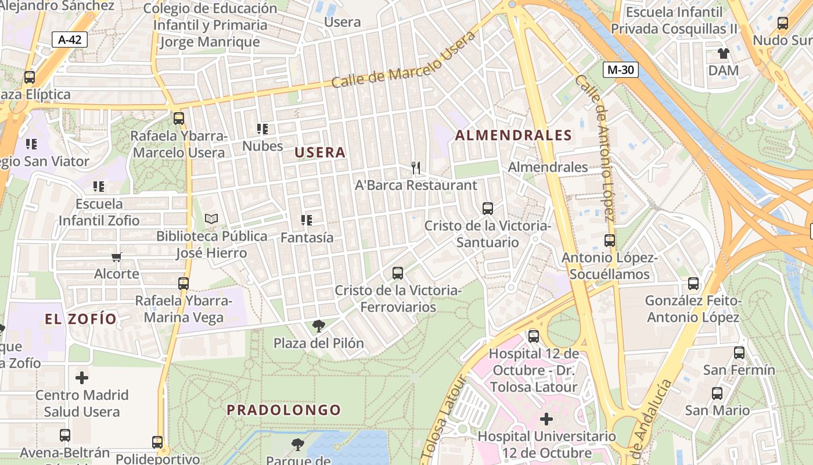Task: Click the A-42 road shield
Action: click(70, 40)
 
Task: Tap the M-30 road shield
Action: click(620, 70)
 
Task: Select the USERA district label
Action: click(320, 153)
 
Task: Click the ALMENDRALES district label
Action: click(513, 135)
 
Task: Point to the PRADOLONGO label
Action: click(284, 410)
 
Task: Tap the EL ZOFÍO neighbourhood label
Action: click(81, 319)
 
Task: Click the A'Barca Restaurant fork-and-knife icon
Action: click(415, 168)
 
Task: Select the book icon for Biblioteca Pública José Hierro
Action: click(211, 219)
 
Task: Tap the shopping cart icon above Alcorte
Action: click(117, 257)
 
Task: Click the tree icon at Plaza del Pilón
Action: click(318, 325)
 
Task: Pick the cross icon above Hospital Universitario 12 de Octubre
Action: click(546, 419)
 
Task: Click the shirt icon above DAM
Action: click(723, 54)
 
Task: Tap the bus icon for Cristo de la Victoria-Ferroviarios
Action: click(398, 273)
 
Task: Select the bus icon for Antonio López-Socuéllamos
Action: click(609, 240)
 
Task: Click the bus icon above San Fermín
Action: click(739, 352)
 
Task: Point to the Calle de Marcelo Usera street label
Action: click(403, 59)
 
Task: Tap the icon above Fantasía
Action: click(306, 220)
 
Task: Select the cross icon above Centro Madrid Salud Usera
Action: click(82, 378)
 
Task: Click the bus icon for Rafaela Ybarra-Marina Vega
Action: click(184, 283)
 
